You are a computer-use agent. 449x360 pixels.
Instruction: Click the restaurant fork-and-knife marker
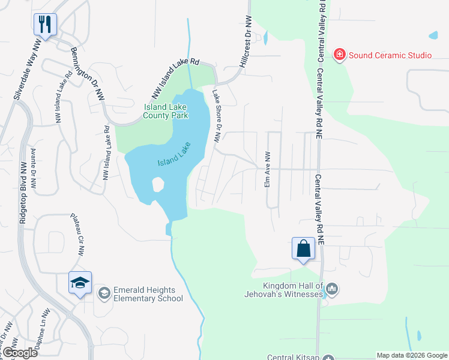coord(45,24)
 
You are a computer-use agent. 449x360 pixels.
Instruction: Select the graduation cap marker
coord(79,282)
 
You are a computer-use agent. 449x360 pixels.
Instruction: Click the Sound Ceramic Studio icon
coord(340,55)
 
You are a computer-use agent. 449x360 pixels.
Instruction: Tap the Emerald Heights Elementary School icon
coord(104,293)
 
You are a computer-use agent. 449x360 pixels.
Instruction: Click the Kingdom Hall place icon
coord(332,290)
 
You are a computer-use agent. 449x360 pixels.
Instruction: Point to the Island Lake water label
coord(174,154)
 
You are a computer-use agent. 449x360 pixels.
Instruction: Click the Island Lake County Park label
coord(166,111)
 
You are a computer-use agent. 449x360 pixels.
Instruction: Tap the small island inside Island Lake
coord(158,184)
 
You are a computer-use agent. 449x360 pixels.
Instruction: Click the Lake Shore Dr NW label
coord(217,116)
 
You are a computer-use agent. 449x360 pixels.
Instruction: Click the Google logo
coord(20,353)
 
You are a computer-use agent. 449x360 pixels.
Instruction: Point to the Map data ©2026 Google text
coord(411,355)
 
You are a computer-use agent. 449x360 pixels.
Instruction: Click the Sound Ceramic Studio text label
coord(390,55)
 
